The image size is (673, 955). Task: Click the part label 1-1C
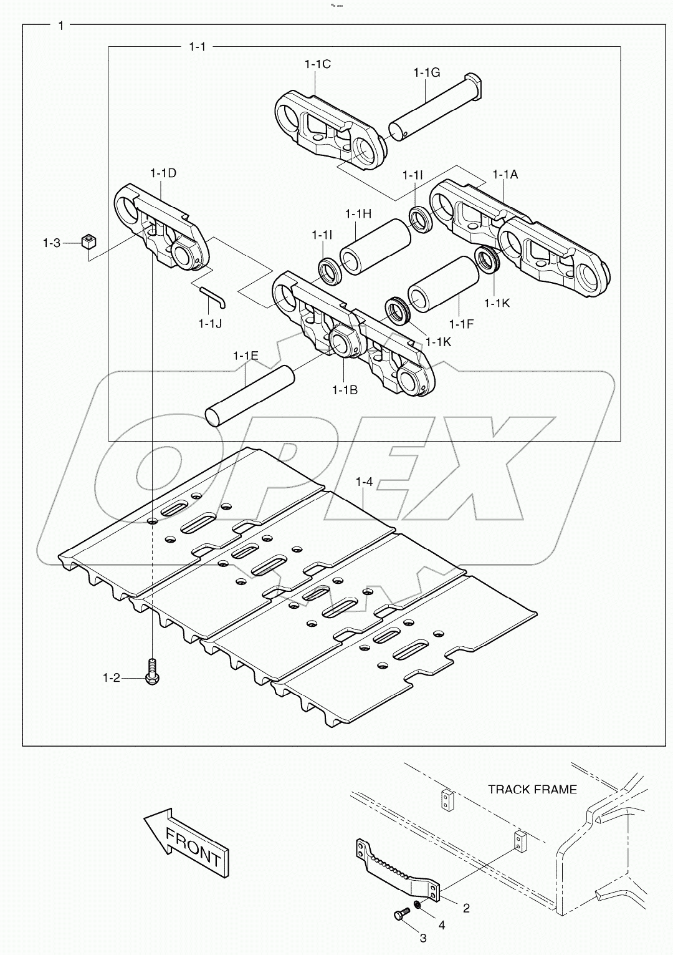click(317, 64)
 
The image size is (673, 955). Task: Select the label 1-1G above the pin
click(426, 72)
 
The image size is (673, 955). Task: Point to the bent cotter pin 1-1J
click(214, 297)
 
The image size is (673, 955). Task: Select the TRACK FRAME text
click(532, 789)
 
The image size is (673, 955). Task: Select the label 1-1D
click(163, 173)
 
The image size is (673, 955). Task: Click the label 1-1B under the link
click(345, 390)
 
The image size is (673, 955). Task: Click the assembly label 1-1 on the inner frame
click(197, 46)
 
